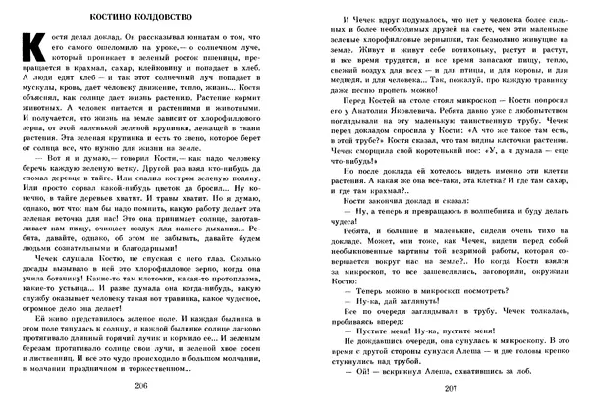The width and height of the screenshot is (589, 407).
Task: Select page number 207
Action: (437, 390)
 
